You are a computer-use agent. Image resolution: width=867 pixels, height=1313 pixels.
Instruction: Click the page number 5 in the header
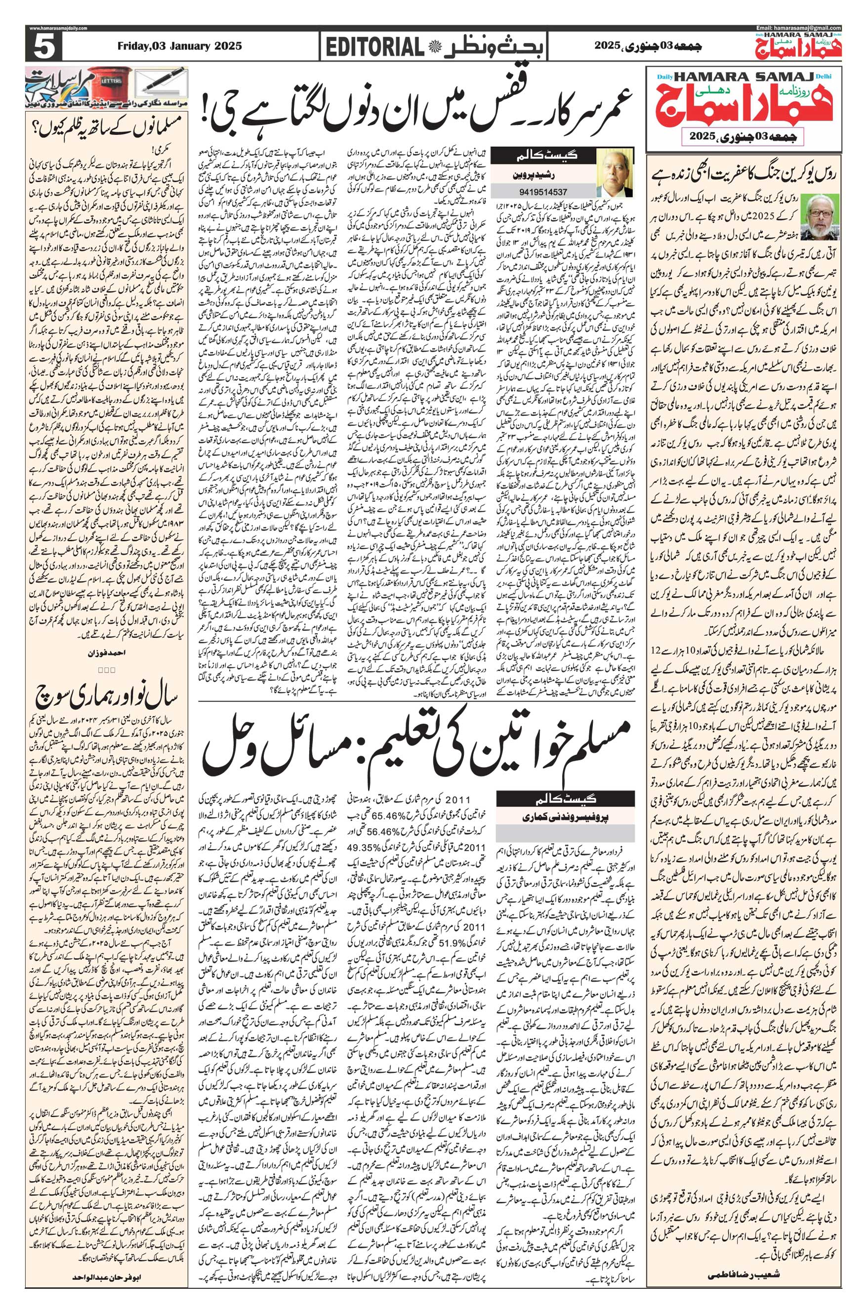coord(42,48)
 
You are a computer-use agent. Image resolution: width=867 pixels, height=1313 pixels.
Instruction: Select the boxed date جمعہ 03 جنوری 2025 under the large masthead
coord(744,134)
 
